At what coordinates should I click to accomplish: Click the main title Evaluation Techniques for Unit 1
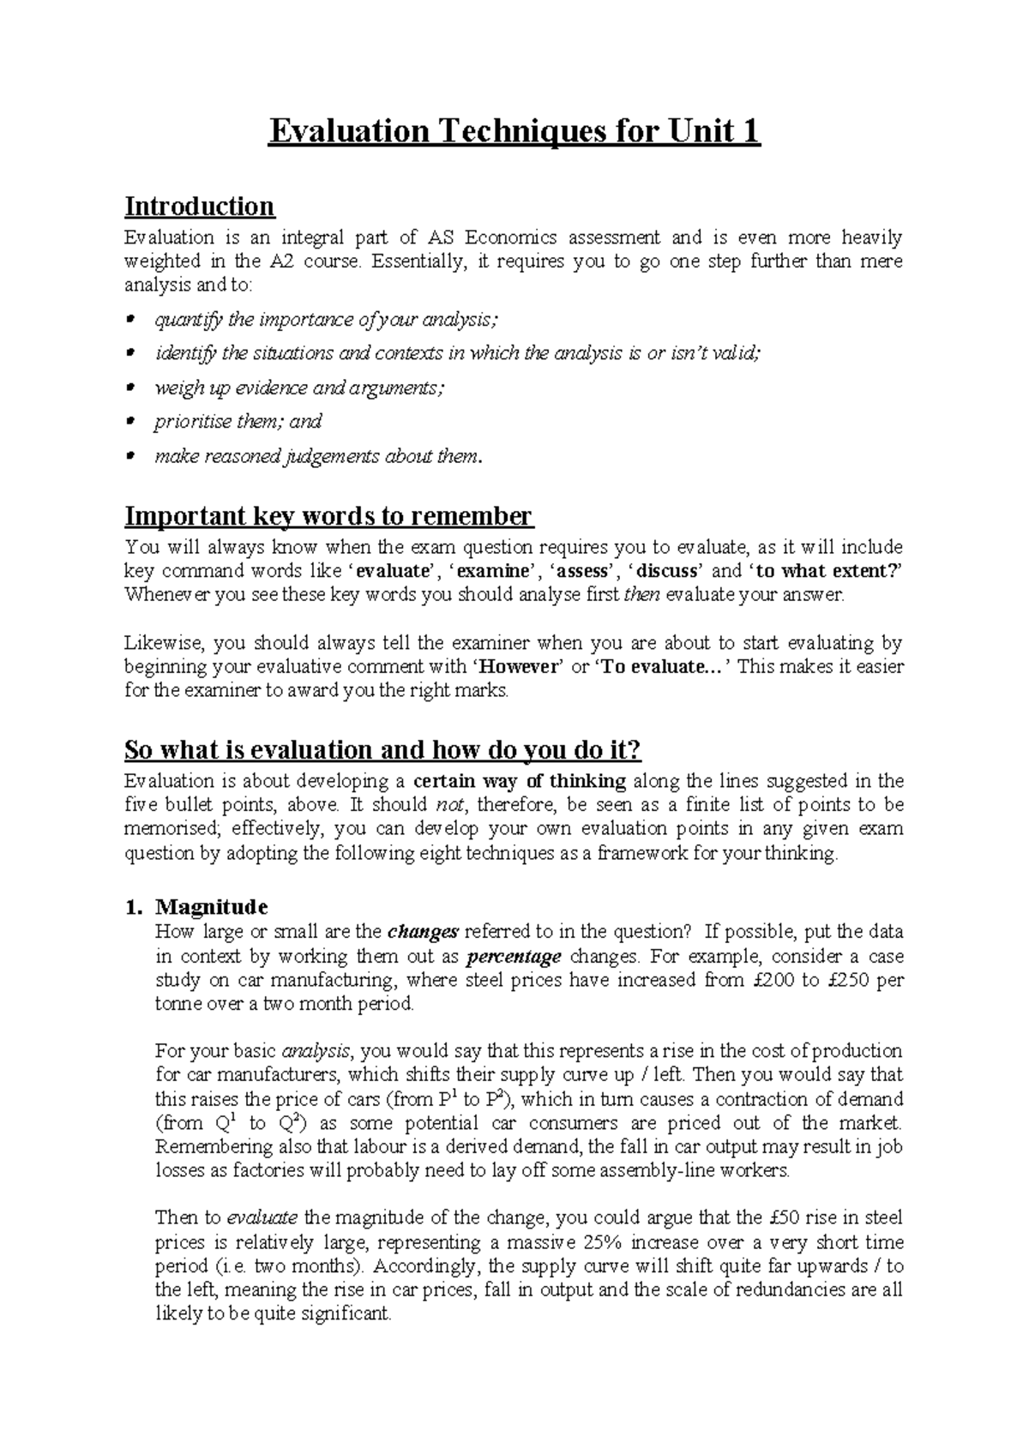point(514,133)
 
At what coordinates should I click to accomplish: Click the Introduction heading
point(199,207)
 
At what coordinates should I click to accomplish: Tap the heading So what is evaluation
point(382,750)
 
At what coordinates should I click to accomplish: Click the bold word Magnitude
point(211,907)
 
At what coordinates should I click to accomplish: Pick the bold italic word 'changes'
point(424,932)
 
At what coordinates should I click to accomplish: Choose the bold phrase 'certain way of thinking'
point(520,781)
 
